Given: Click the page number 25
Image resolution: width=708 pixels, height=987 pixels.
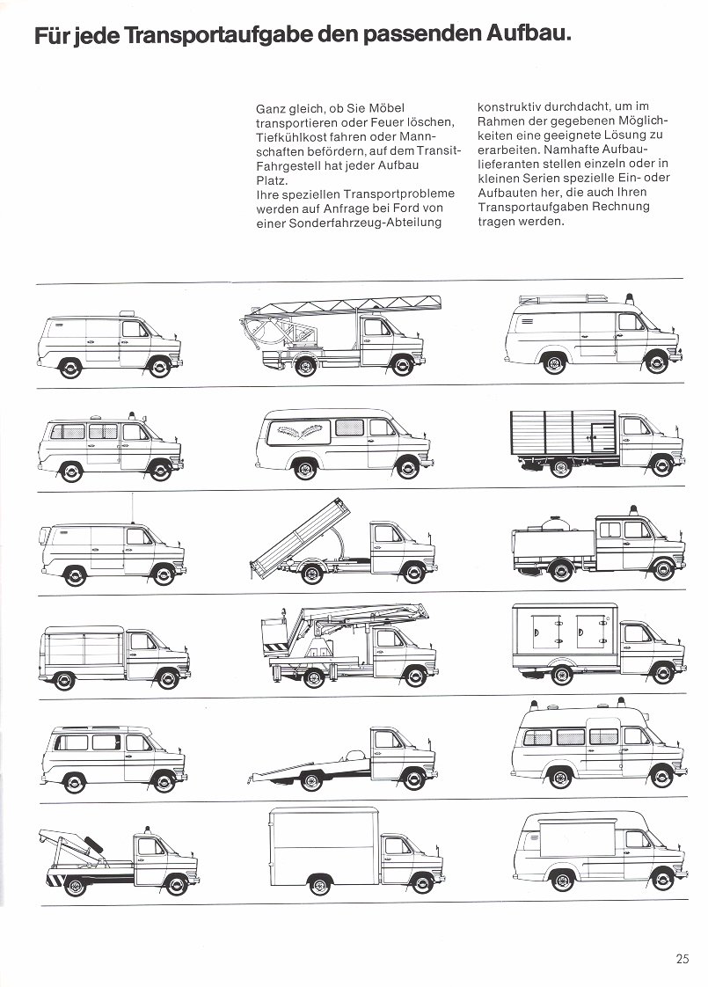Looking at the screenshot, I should pyautogui.click(x=683, y=959).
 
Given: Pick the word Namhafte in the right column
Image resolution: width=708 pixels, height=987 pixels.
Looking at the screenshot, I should pyautogui.click(x=553, y=150).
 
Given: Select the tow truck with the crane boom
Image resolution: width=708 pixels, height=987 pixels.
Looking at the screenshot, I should pyautogui.click(x=118, y=858).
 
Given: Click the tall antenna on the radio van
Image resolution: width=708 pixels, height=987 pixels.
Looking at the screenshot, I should pyautogui.click(x=132, y=506).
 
